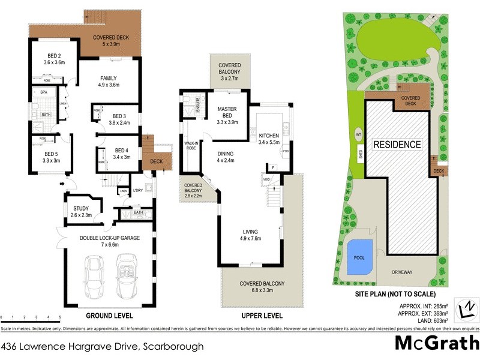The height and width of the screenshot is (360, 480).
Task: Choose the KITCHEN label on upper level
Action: (268, 136)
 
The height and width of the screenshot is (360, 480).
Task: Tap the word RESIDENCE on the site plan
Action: (397, 145)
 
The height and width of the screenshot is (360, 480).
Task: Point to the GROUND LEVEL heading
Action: (109, 316)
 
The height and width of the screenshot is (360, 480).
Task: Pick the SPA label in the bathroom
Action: (44, 92)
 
